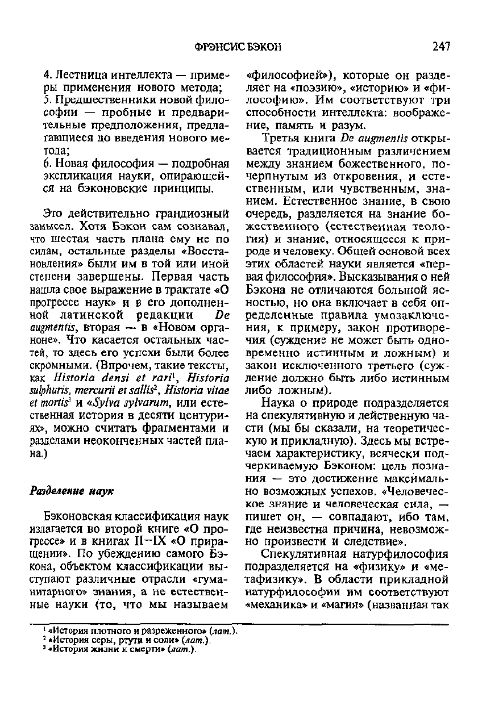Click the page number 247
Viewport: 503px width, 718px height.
click(x=440, y=47)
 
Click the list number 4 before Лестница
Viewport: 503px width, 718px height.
click(x=47, y=76)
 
